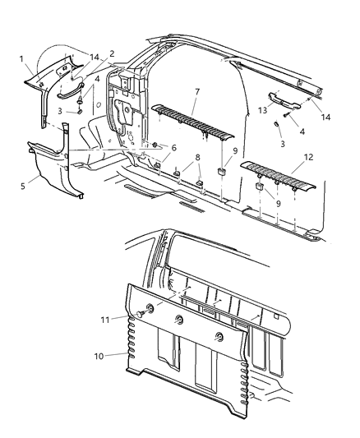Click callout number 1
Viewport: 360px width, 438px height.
click(23, 58)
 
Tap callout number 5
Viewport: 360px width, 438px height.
click(23, 186)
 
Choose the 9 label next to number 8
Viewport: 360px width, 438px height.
click(236, 150)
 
